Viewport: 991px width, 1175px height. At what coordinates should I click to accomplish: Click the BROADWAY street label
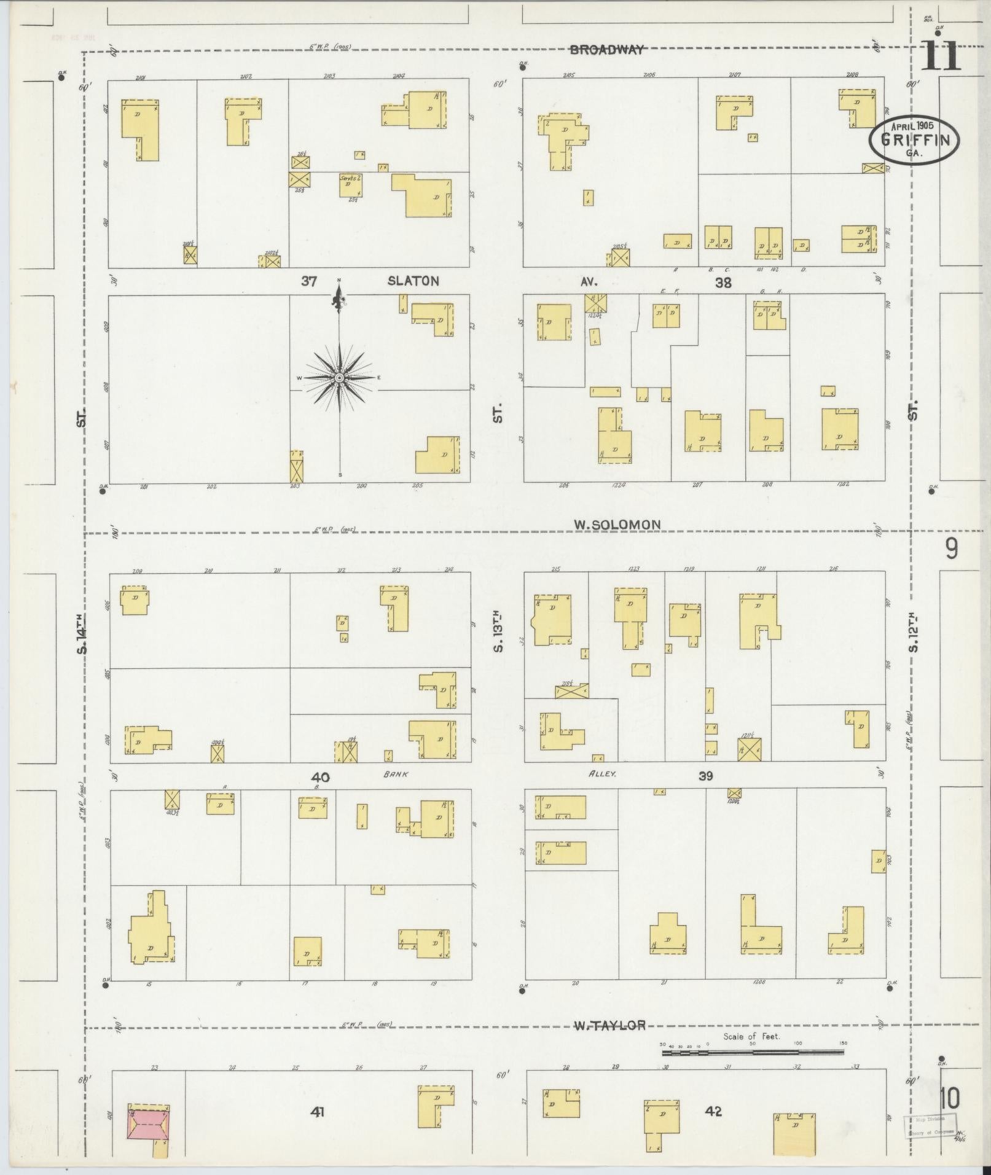point(606,50)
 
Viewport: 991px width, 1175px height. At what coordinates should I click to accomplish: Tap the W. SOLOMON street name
point(617,525)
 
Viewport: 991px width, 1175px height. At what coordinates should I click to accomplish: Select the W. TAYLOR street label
point(609,1025)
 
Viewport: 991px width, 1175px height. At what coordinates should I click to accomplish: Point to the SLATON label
point(413,281)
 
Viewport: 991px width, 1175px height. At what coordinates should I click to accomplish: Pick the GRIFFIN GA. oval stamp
point(914,139)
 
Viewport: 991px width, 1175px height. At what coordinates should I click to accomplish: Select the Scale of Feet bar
point(753,1053)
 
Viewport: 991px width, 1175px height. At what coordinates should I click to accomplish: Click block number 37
point(308,281)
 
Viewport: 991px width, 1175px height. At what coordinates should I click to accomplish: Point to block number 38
point(723,283)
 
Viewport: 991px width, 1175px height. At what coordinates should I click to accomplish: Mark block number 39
point(705,776)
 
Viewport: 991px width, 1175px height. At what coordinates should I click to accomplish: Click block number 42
point(714,1111)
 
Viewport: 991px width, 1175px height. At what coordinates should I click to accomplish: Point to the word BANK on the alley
point(396,775)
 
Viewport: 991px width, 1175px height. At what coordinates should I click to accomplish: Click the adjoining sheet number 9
point(951,548)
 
